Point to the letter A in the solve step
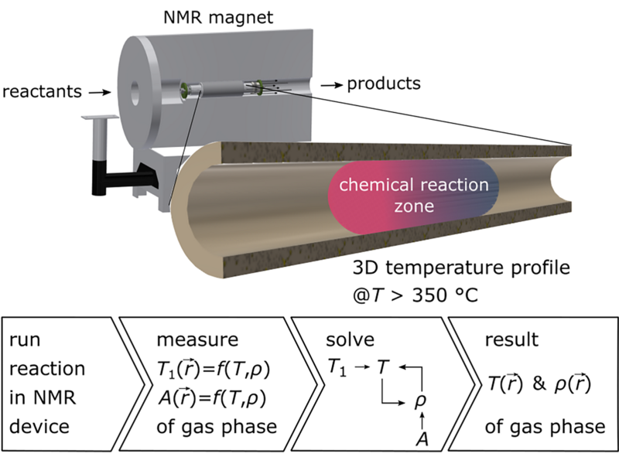422,439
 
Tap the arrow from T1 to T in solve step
362,366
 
